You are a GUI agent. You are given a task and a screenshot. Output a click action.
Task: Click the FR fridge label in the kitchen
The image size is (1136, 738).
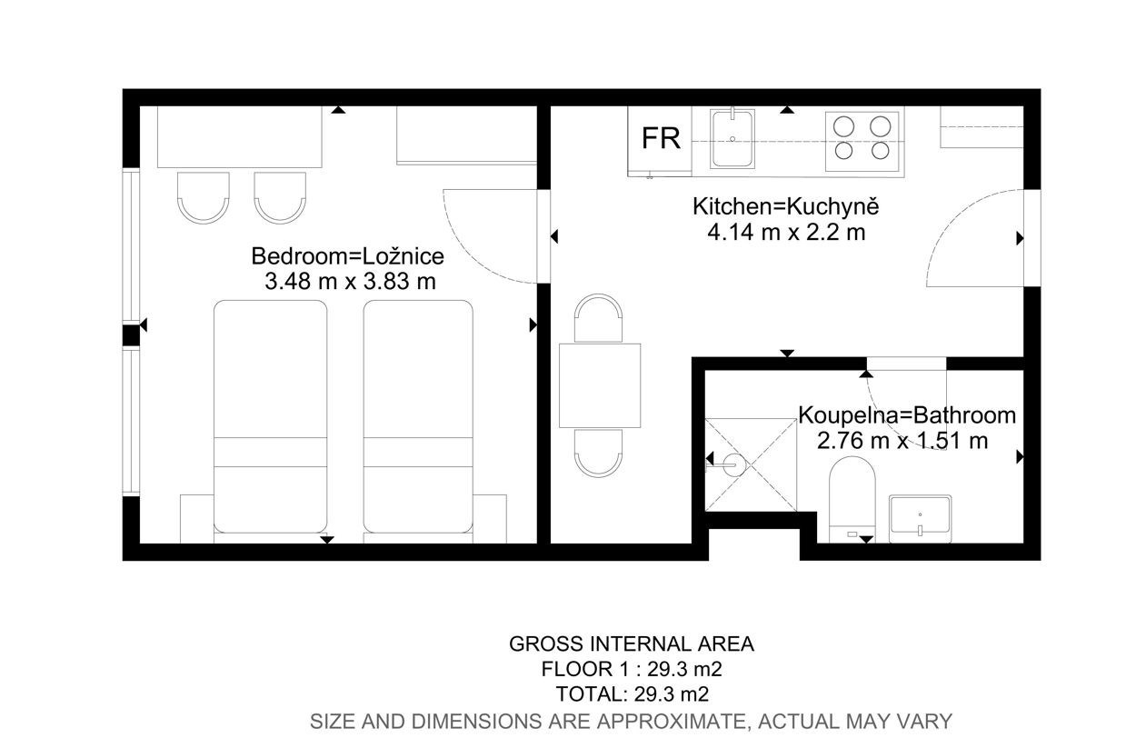coord(661,138)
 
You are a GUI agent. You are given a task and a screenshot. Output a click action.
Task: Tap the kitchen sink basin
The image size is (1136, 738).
coord(732,138)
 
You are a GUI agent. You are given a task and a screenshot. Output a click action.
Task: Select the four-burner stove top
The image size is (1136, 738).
coord(862,141)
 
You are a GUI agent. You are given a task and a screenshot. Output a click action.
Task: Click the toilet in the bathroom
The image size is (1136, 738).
coord(852,499)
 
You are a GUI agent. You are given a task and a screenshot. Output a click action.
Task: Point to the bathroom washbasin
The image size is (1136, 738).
coord(920,519)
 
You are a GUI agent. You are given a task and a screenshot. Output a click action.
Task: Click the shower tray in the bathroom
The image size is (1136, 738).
coord(751,464)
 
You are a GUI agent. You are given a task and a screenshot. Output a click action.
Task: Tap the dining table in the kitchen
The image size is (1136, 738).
coord(600,385)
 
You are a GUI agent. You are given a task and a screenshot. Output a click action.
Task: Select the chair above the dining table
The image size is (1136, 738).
coord(598,317)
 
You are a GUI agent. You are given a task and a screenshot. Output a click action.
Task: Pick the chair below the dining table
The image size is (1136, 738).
coord(598,453)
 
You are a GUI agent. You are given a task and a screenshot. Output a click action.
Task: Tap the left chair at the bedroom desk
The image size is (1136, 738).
coord(204,198)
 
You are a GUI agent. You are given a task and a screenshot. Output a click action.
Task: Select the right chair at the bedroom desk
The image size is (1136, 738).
coord(280,198)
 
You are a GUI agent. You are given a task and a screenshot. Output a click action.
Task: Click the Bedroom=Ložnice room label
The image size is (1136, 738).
coord(347,256)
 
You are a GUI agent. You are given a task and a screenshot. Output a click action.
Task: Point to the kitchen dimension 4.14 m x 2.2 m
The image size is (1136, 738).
coord(786,233)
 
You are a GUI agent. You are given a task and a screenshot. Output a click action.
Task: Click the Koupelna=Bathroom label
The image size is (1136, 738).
coord(907,415)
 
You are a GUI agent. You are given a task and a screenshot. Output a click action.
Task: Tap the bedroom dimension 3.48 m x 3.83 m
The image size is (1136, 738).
coord(350,281)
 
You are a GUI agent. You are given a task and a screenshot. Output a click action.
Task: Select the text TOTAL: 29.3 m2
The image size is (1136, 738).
coord(632,693)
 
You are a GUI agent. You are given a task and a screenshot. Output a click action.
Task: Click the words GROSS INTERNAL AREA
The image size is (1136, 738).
coord(632,643)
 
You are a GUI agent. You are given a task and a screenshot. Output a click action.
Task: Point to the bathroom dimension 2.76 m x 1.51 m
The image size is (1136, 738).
coord(902,440)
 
